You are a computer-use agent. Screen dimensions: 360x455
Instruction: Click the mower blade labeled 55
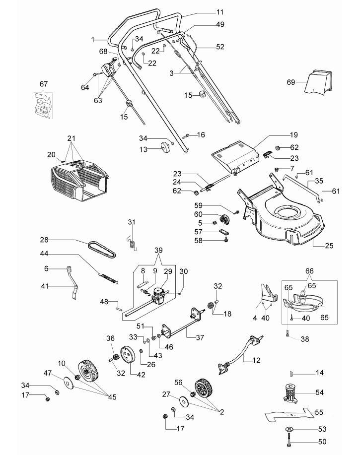[289, 413]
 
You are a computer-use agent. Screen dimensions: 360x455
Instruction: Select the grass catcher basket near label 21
[78, 180]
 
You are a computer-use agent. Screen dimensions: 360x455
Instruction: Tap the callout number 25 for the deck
[329, 246]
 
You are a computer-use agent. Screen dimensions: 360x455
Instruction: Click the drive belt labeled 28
[102, 249]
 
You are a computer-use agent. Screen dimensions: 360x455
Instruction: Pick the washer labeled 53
[288, 429]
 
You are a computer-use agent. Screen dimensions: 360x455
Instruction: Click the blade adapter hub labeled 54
[290, 392]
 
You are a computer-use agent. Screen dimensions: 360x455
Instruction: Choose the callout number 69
[291, 82]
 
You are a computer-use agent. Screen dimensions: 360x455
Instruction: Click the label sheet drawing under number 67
[44, 105]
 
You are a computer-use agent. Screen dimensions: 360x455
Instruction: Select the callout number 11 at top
[220, 12]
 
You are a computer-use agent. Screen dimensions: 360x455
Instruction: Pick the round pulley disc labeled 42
[128, 354]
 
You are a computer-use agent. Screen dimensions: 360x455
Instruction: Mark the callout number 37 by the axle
[200, 337]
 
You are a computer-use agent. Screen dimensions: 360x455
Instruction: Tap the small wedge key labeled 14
[292, 373]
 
